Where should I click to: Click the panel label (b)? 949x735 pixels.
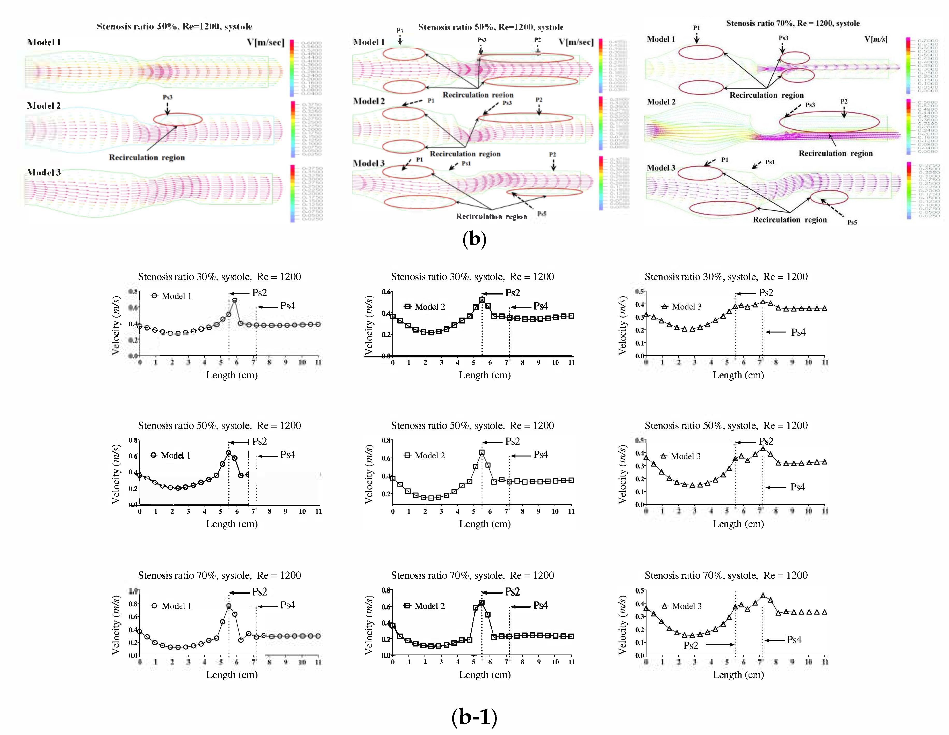pos(474,239)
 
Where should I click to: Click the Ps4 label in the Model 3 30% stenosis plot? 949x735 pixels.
pos(798,332)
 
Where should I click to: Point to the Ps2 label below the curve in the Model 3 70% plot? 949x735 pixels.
pos(691,645)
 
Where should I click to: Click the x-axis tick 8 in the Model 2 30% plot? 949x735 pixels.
pos(522,363)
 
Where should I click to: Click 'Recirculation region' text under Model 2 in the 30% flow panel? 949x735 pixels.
pos(147,158)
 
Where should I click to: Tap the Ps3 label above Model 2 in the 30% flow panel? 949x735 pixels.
pos(168,97)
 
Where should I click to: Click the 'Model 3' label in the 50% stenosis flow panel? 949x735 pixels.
pos(369,163)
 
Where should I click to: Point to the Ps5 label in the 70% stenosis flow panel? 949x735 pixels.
pos(852,222)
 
